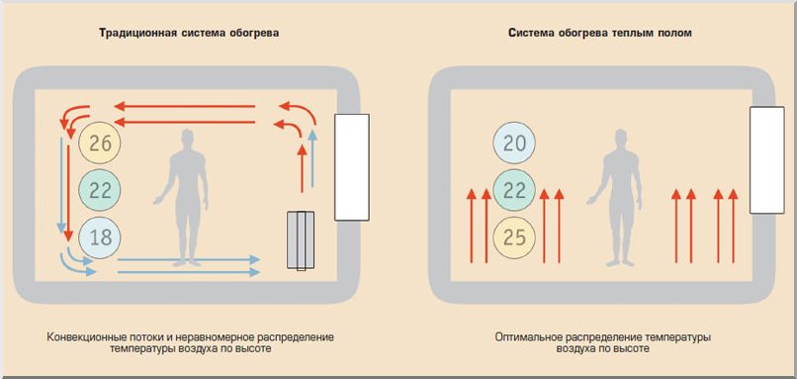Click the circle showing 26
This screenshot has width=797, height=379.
100,144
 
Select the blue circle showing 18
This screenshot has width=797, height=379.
100,237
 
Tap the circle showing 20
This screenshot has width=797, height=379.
514,144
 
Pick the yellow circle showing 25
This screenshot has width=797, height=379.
514,237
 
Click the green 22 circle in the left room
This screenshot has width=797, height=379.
100,191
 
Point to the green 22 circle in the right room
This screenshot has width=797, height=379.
514,191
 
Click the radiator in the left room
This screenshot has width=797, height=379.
301,239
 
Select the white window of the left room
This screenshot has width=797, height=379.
352,166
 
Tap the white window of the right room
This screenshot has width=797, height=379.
766,159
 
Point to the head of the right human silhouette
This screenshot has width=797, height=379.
621,140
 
